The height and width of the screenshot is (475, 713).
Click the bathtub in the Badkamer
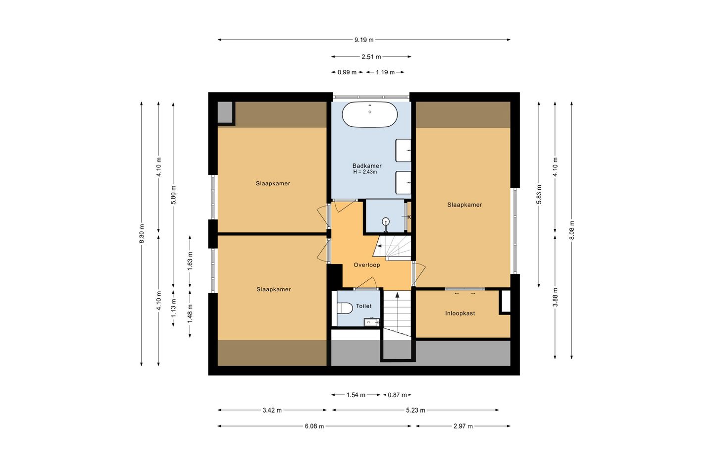[369, 114]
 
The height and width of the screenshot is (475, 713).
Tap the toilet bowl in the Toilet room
[345, 308]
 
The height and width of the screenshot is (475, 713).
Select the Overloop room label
[367, 265]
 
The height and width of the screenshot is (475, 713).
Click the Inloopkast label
[460, 313]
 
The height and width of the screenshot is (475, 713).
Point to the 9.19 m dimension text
[364, 40]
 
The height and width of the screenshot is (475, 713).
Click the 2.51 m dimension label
[371, 56]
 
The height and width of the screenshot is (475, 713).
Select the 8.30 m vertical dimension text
[142, 234]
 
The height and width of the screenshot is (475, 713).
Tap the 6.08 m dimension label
[314, 426]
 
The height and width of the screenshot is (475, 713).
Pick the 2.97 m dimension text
[463, 426]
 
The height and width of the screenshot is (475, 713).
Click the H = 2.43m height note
[365, 172]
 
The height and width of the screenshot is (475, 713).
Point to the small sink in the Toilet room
[372, 322]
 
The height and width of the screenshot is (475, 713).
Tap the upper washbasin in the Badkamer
[403, 150]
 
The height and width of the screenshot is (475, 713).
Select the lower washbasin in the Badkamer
[403, 183]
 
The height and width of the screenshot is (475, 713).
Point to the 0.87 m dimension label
[397, 395]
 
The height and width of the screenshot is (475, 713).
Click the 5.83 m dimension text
[539, 195]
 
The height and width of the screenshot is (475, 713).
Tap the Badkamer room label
[367, 166]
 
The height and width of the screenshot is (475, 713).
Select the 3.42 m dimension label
[272, 411]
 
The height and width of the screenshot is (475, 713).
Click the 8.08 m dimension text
[572, 230]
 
